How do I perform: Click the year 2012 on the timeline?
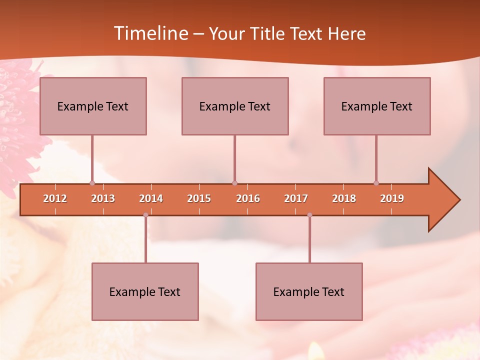[55, 198]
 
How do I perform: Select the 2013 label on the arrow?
[103, 198]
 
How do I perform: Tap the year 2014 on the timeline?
[151, 198]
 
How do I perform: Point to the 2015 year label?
[199, 198]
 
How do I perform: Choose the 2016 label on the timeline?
[248, 198]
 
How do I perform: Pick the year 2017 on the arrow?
[296, 198]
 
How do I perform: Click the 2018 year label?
[344, 198]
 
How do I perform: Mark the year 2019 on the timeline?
[392, 198]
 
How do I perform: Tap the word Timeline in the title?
[150, 33]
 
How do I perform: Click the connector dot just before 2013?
[92, 183]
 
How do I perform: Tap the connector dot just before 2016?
[234, 183]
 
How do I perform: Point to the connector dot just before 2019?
[376, 183]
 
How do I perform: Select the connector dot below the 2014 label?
[145, 215]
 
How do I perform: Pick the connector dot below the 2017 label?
[309, 215]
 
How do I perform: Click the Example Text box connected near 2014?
[145, 291]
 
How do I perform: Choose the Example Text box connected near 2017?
[309, 291]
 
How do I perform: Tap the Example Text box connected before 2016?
[235, 106]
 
